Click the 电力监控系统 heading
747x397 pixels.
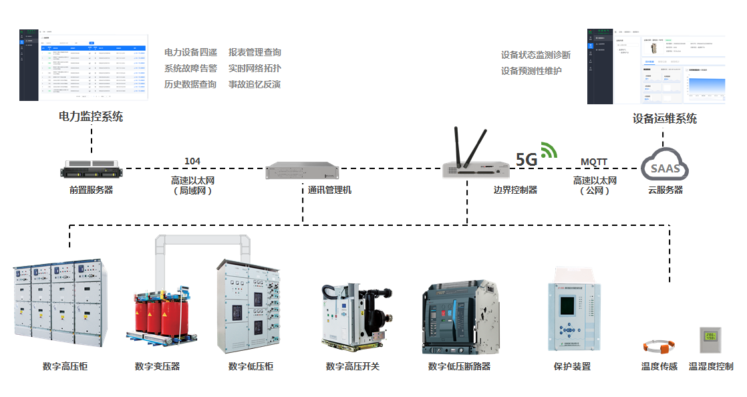[91, 116]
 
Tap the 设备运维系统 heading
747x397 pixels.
[664, 118]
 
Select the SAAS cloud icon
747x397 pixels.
[665, 168]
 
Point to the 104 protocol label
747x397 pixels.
[192, 161]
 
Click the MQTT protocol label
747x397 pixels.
[594, 162]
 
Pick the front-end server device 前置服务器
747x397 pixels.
[91, 169]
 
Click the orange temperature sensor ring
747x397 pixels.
[659, 347]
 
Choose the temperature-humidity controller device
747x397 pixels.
[710, 340]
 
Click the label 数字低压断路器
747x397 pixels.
[459, 366]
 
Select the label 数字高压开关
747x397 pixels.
[352, 366]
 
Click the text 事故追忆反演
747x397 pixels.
[255, 84]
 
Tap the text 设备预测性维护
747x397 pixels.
[531, 71]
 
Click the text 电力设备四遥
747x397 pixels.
[190, 52]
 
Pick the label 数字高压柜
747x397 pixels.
[65, 366]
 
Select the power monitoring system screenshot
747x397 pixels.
[84, 65]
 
